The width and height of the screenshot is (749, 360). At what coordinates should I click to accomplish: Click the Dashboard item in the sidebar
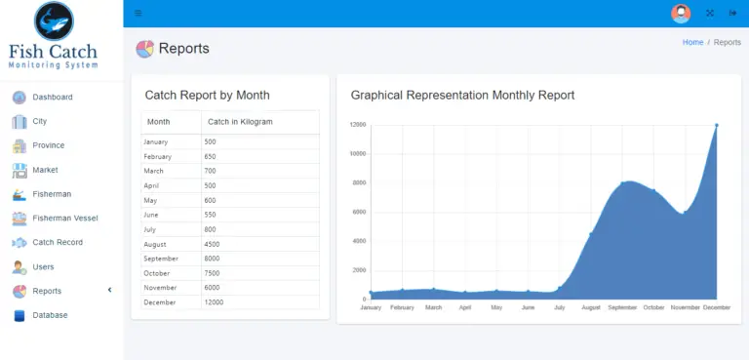pos(52,98)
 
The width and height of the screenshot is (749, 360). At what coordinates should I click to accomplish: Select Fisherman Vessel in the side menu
pos(64,219)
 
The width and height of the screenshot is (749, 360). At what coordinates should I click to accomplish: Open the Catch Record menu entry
pos(57,243)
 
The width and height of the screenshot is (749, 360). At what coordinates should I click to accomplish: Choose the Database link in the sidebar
pos(50,315)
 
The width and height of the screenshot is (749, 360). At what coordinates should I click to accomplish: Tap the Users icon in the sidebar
pos(19,267)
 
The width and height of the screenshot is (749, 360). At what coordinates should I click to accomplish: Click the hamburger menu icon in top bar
pos(138,14)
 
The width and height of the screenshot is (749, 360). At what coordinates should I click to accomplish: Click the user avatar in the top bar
pos(681,14)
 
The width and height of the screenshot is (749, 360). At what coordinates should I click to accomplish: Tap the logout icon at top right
pos(732,14)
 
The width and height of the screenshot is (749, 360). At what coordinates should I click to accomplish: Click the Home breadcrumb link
pos(692,43)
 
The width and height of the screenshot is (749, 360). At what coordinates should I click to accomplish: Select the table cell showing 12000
pos(214,302)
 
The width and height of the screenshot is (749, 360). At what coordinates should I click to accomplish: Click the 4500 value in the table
pos(212,244)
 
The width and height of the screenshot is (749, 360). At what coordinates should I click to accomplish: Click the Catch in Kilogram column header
pos(240,122)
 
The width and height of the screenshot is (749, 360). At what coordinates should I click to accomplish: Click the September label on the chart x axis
pos(622,307)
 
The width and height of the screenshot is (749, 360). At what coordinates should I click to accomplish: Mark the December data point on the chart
pos(716,125)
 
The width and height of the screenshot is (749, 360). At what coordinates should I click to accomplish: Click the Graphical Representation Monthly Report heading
pos(462,96)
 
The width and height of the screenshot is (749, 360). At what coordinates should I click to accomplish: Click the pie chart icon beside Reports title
pos(144,49)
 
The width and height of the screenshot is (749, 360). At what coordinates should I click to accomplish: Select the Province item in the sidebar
pos(48,145)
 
